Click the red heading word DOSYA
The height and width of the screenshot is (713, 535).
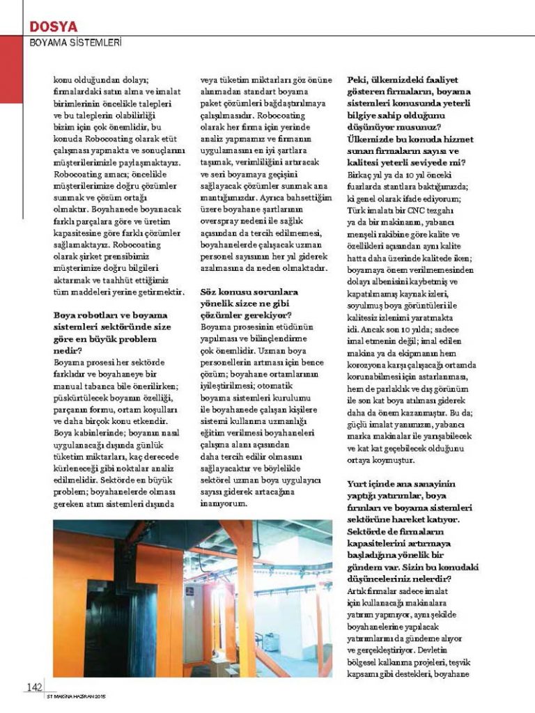tap(53, 26)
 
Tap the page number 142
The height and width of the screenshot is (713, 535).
tap(34, 687)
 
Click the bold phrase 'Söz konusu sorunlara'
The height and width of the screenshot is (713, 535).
tap(249, 292)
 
